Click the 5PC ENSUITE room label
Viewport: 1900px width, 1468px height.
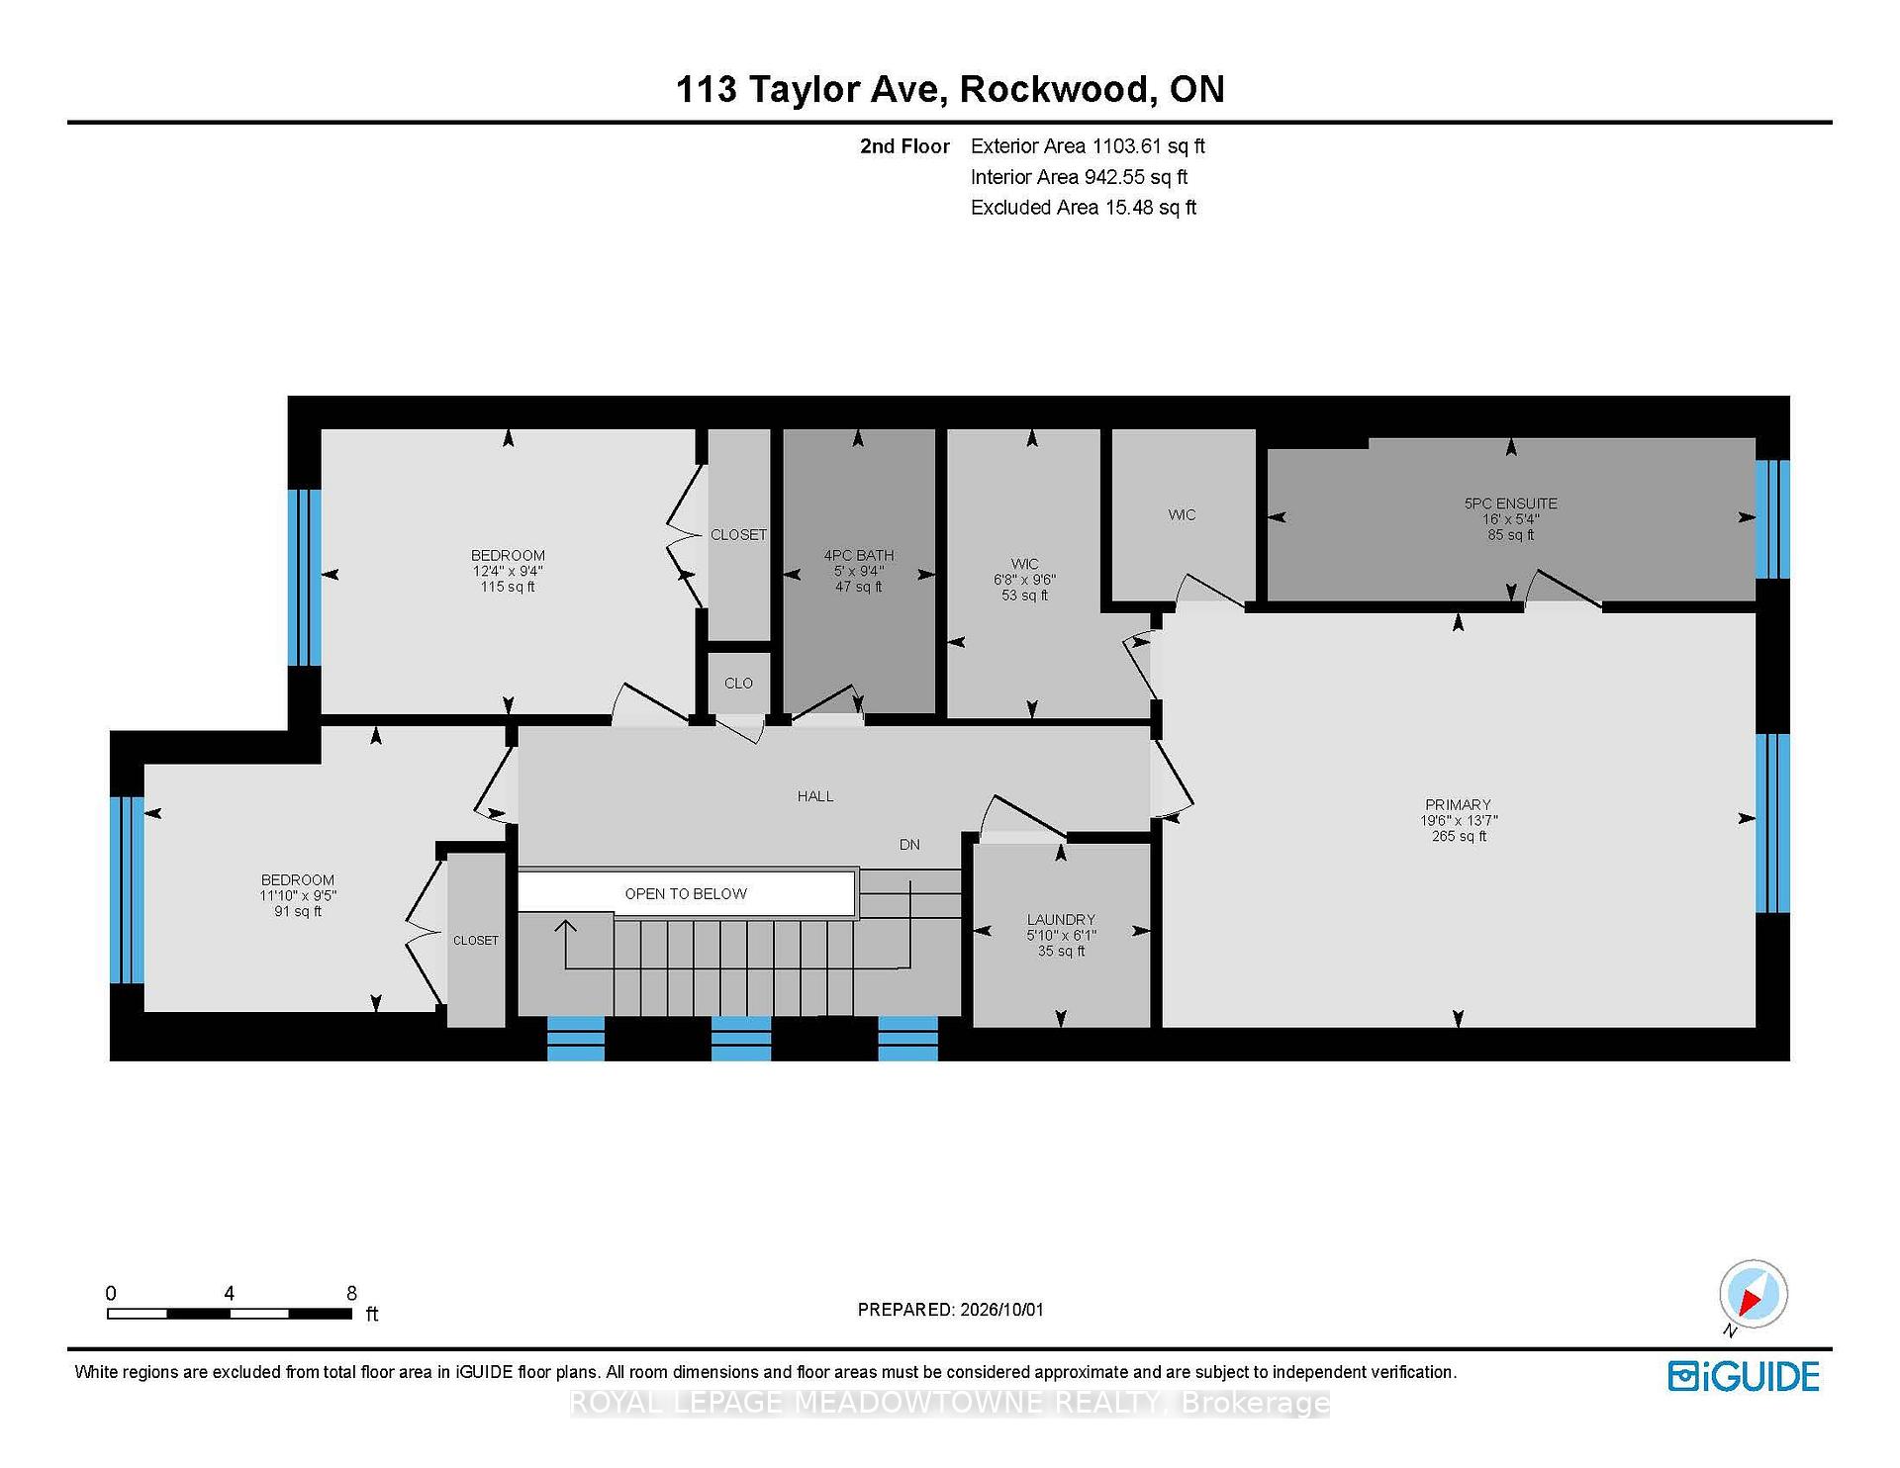(x=1510, y=504)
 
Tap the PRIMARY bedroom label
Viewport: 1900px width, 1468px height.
(x=1458, y=805)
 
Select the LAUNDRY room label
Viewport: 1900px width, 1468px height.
(x=1061, y=920)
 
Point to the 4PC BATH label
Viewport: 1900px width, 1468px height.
(x=859, y=556)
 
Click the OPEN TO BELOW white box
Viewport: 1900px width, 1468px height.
(x=686, y=893)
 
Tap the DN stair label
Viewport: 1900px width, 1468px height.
(x=909, y=845)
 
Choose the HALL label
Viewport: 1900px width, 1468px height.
(x=815, y=796)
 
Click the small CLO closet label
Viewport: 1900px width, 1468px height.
(x=738, y=684)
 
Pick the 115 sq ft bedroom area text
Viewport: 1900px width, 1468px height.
(x=508, y=588)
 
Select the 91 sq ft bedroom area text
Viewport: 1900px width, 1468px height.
(x=298, y=912)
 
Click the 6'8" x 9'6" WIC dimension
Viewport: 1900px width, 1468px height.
(x=1024, y=580)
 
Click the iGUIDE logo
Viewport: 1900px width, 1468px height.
(x=1744, y=1377)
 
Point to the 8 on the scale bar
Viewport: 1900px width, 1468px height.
(x=351, y=1293)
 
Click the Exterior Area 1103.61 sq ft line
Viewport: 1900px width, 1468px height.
(x=1088, y=146)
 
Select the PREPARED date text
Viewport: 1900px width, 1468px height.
(x=950, y=1310)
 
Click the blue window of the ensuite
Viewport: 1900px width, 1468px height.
(x=1772, y=519)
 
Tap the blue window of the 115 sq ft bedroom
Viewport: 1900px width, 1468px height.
(x=304, y=578)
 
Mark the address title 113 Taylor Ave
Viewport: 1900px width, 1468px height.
(x=807, y=90)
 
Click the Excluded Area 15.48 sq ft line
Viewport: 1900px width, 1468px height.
(x=1084, y=208)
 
